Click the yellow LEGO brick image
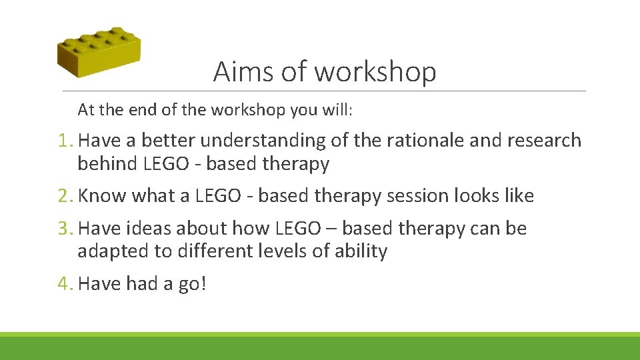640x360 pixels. [x=98, y=53]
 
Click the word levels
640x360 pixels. [x=273, y=251]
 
